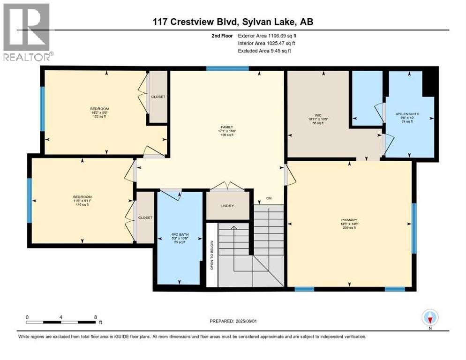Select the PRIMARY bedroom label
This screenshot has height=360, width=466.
point(350,219)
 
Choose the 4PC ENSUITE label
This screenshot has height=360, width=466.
point(409,114)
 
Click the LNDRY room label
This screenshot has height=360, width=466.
point(228,206)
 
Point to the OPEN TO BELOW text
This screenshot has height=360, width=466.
point(212,255)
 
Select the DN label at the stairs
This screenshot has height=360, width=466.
point(269,198)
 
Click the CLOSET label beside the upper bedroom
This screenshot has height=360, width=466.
point(158,97)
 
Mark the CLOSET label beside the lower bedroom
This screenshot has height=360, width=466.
point(145,217)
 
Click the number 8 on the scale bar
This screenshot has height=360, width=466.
point(96,317)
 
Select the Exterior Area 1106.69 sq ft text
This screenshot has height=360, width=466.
point(267,35)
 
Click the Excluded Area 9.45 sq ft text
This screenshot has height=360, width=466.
point(264,51)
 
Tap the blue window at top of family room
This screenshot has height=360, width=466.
point(227,69)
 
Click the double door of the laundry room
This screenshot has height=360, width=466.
point(227,187)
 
